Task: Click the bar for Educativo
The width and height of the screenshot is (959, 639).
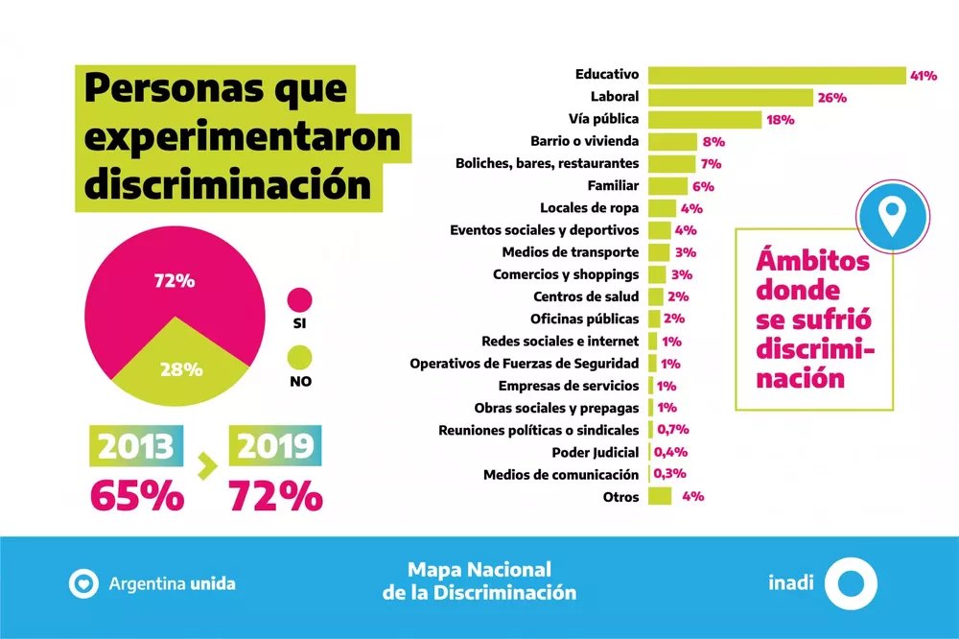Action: tap(777, 75)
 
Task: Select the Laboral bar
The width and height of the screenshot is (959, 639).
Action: tap(730, 97)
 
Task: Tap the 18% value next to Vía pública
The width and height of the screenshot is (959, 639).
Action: tap(782, 120)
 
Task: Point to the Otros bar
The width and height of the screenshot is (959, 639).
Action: tap(659, 496)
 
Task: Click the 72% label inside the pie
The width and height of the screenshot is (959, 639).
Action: tap(175, 281)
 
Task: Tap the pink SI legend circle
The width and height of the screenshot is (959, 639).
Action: tap(300, 299)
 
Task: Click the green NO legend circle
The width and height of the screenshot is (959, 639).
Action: tap(300, 357)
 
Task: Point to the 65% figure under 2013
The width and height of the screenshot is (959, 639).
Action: tap(136, 495)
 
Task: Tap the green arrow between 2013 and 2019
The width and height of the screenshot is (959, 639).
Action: tap(204, 468)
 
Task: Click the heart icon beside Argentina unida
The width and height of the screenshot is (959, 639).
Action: tap(82, 582)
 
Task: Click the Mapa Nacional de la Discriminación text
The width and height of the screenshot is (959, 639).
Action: tap(479, 581)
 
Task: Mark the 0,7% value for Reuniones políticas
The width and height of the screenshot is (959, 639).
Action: tap(671, 430)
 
